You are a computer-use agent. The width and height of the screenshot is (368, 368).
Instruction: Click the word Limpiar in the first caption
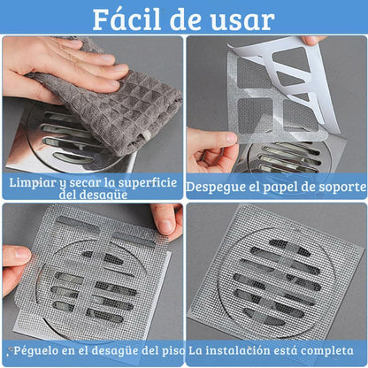coord(34,182)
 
